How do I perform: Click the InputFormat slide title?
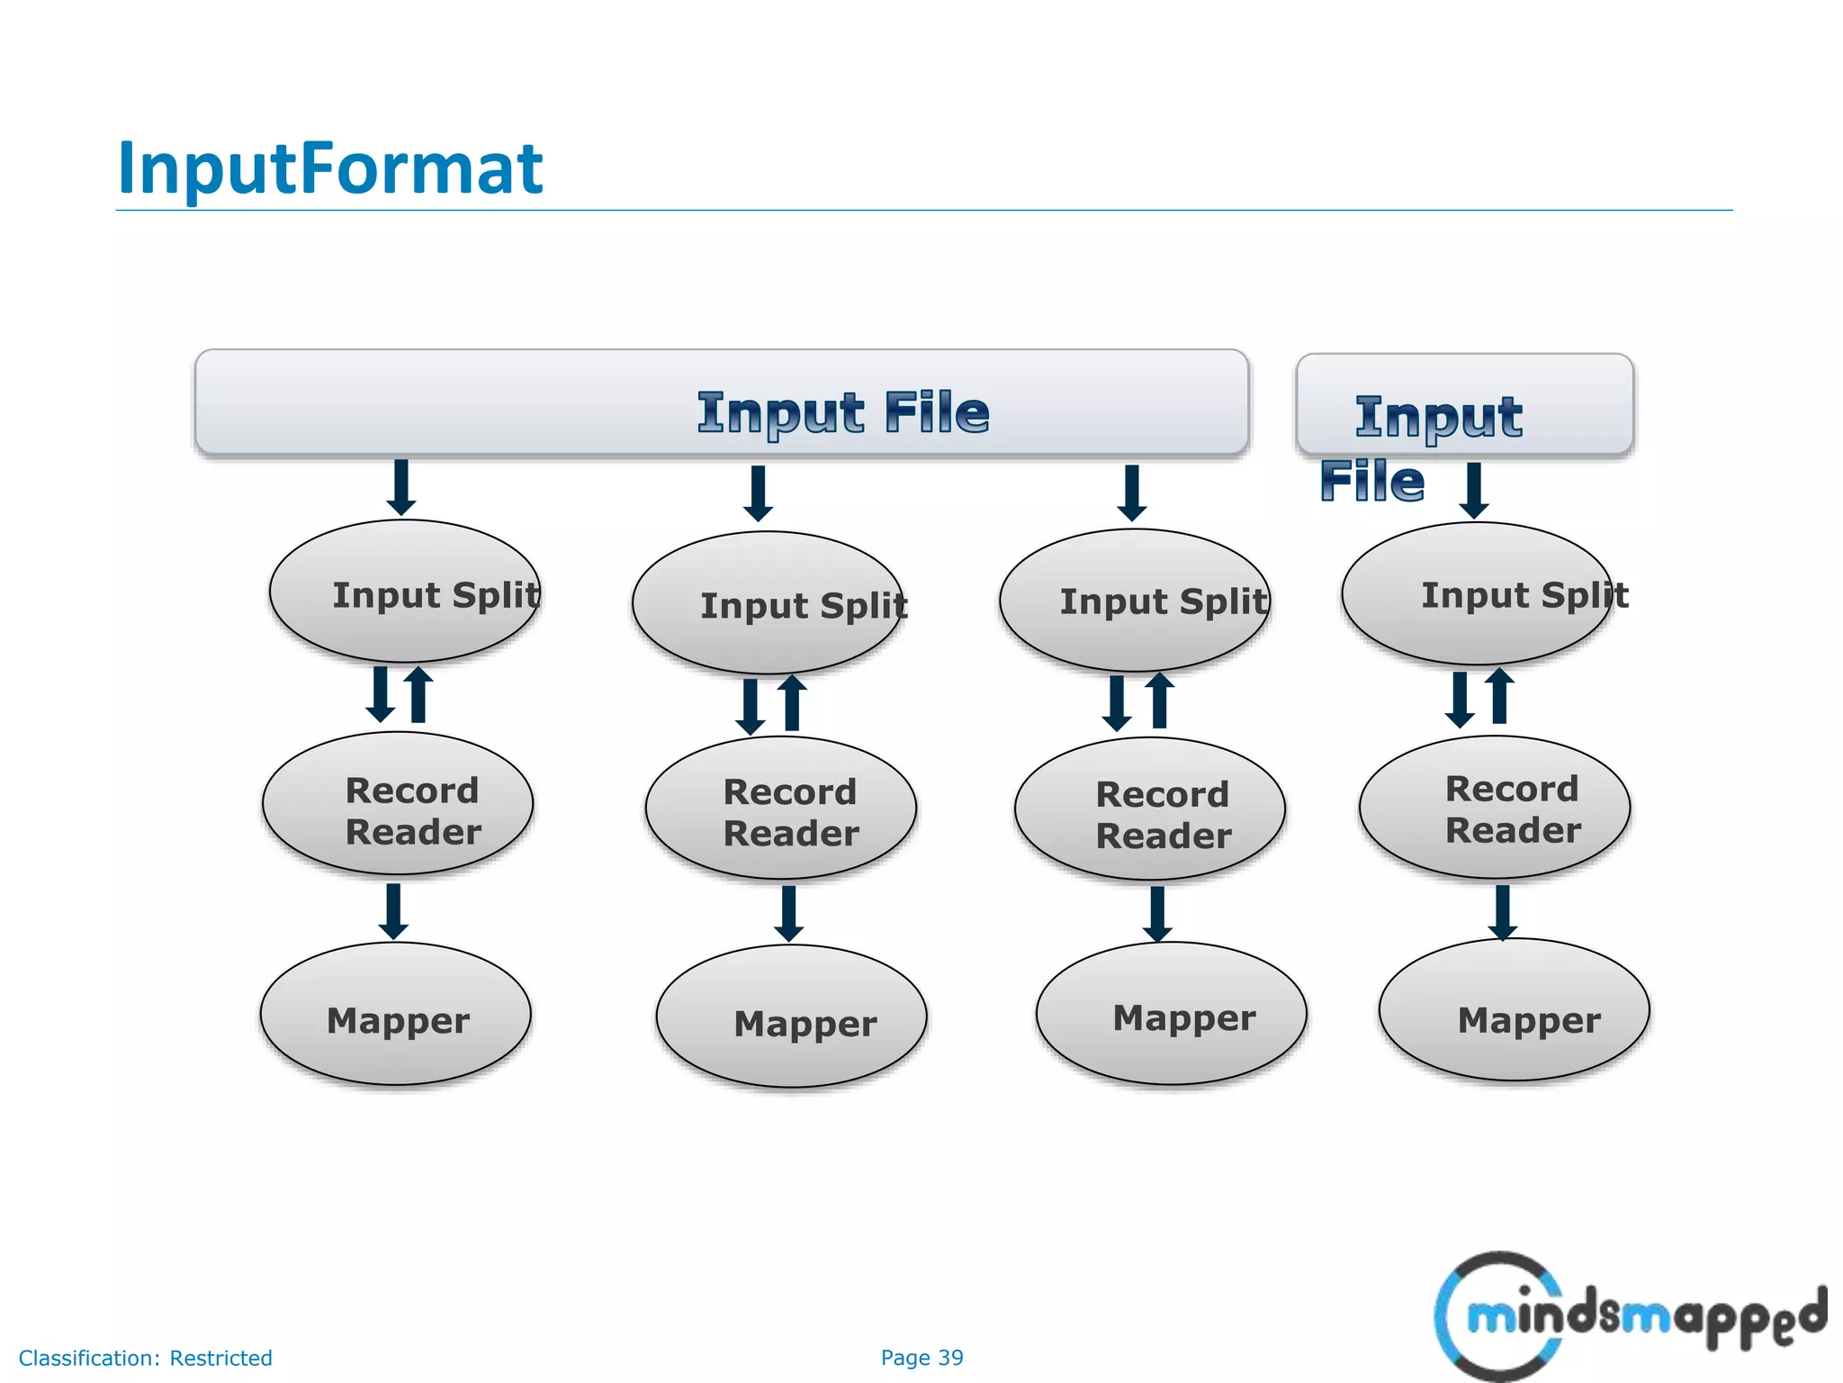[x=330, y=168]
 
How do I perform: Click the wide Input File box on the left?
[x=721, y=402]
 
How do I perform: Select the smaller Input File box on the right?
[x=1464, y=404]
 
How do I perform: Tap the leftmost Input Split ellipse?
[x=405, y=592]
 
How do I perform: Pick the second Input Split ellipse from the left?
[x=768, y=603]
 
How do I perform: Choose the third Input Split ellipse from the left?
[x=1134, y=600]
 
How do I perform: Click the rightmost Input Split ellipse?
[x=1476, y=593]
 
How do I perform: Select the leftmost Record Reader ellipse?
[x=398, y=803]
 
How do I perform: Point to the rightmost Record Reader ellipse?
[x=1494, y=807]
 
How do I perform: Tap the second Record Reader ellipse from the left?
[x=780, y=808]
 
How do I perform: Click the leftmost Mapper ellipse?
[x=396, y=1014]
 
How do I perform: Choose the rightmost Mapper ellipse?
[x=1514, y=1010]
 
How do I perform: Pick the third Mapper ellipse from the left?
[x=1171, y=1014]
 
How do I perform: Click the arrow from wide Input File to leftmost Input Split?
[x=401, y=487]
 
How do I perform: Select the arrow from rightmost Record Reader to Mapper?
[x=1502, y=911]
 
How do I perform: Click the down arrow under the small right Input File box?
[x=1474, y=490]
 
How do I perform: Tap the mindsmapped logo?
[x=1629, y=1315]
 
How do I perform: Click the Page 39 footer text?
[x=921, y=1357]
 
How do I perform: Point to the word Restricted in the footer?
[x=220, y=1358]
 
